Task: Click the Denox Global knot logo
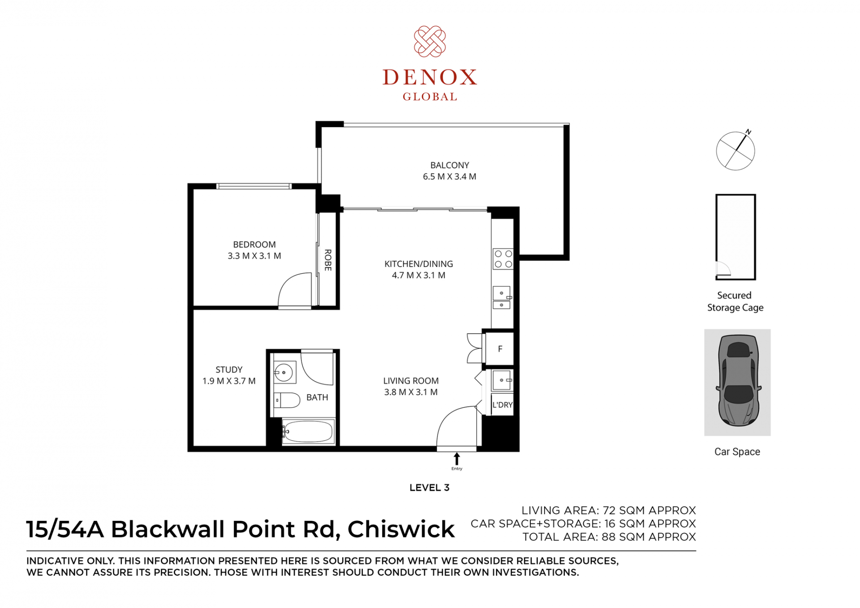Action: pyautogui.click(x=430, y=42)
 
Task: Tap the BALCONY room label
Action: pyautogui.click(x=450, y=165)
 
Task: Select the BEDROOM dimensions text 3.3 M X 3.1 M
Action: pyautogui.click(x=254, y=256)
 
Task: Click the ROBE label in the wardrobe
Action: pyautogui.click(x=328, y=260)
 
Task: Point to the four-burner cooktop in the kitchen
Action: pyautogui.click(x=503, y=259)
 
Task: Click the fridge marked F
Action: pyautogui.click(x=500, y=349)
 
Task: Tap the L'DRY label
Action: pyautogui.click(x=503, y=405)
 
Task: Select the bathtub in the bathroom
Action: pyautogui.click(x=308, y=431)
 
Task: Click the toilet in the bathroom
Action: pyautogui.click(x=287, y=400)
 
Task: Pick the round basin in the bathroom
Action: pyautogui.click(x=284, y=372)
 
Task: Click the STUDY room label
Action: pyautogui.click(x=229, y=370)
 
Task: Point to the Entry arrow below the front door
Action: pyautogui.click(x=456, y=459)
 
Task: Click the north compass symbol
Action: pyautogui.click(x=735, y=150)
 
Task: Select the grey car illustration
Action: pyautogui.click(x=738, y=380)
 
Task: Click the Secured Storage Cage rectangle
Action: pyautogui.click(x=716, y=237)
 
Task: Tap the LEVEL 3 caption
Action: pyautogui.click(x=429, y=488)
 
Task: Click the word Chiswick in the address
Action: pyautogui.click(x=401, y=529)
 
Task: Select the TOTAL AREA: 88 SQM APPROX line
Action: pyautogui.click(x=609, y=537)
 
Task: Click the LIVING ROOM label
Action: pyautogui.click(x=411, y=381)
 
